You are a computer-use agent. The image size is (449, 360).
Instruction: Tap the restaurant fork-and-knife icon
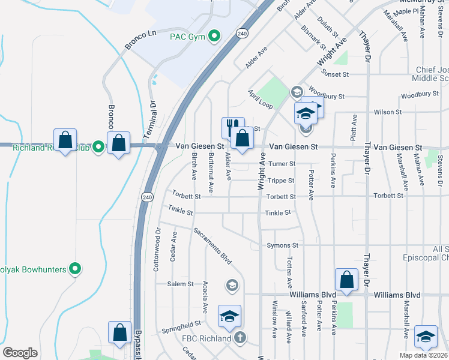232,127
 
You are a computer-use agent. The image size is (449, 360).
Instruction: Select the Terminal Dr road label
153,112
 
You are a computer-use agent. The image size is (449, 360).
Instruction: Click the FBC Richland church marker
240,337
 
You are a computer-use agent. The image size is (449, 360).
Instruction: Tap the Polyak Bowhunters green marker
75,269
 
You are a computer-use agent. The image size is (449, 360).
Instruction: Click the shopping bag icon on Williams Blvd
346,279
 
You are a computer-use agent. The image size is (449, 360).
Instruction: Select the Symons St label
282,245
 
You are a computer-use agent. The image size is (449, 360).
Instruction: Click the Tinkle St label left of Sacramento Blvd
181,212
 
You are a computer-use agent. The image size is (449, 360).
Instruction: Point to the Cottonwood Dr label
158,248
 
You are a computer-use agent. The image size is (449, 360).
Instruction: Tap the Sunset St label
335,74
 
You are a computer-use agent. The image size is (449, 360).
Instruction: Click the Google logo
20,353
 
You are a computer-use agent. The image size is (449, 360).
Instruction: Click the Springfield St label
181,327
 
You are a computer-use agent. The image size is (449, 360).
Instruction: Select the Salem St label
181,284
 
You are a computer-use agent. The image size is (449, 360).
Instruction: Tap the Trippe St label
281,180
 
